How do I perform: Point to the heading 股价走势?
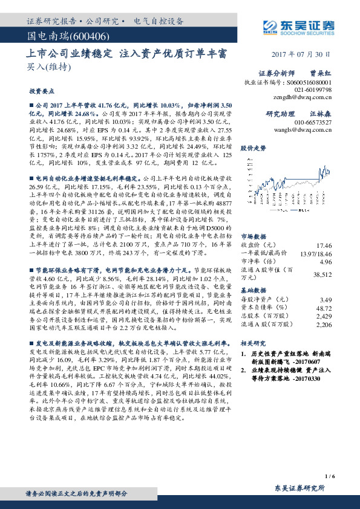point(254,148)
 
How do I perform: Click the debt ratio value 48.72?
point(325,308)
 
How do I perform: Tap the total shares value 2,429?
point(325,316)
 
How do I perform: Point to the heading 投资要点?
point(41,91)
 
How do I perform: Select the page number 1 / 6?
point(329,476)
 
